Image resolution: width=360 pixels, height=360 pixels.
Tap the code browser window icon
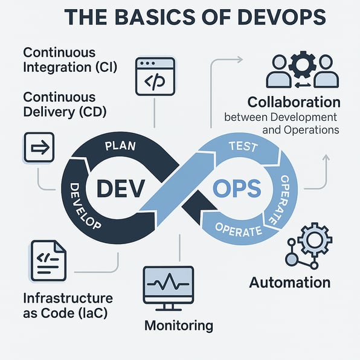(155, 77)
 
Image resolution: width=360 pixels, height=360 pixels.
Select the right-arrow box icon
(39, 147)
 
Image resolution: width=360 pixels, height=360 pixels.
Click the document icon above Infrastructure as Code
(48, 260)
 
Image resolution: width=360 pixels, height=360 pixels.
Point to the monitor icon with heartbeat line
(169, 288)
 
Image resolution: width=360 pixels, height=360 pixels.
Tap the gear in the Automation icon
(315, 239)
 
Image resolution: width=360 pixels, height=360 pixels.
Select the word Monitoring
(179, 326)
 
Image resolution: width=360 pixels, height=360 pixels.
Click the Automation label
(290, 282)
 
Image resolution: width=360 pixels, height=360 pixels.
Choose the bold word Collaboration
(294, 102)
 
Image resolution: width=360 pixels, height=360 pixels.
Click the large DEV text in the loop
(121, 188)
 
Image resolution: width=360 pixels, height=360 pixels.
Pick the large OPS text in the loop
(237, 188)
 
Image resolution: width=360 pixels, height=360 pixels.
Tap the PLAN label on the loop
(120, 146)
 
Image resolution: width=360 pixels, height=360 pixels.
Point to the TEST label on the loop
(243, 146)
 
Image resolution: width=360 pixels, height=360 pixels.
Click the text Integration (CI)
(70, 67)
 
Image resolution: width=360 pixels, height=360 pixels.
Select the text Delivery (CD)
(65, 112)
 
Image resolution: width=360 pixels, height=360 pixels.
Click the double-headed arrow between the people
(303, 85)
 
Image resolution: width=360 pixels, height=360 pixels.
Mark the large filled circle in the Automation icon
(291, 259)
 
